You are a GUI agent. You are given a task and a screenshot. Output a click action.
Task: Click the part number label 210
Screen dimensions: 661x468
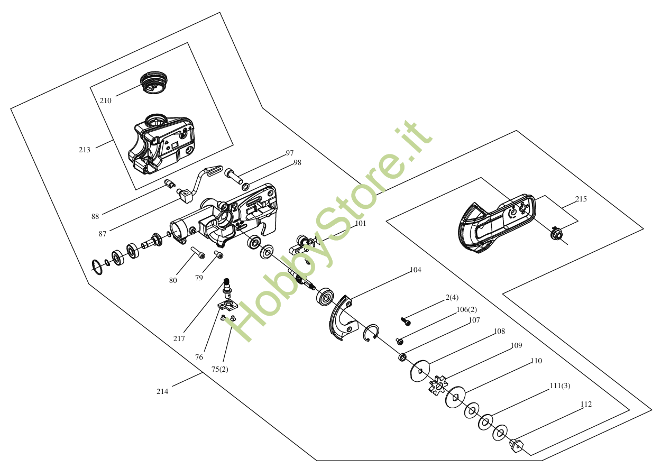click(x=105, y=100)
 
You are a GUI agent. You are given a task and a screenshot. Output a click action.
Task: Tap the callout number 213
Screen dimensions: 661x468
click(x=85, y=150)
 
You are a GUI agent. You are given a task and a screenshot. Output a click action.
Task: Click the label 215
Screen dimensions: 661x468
click(x=581, y=199)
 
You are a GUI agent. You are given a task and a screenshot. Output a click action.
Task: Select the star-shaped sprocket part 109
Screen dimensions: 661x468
click(x=438, y=385)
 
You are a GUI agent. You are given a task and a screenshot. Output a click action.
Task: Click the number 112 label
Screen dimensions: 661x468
click(x=586, y=405)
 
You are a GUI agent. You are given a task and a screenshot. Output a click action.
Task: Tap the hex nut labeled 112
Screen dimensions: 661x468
click(x=516, y=446)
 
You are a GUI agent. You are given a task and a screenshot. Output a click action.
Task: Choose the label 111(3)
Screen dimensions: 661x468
click(x=559, y=386)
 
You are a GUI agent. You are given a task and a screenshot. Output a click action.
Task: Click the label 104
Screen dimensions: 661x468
click(x=416, y=270)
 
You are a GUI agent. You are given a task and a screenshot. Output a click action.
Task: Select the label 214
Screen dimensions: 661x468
click(x=162, y=392)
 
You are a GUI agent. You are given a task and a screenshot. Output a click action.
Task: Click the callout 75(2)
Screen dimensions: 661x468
click(x=220, y=369)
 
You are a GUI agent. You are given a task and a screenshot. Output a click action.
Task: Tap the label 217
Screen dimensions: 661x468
click(x=179, y=338)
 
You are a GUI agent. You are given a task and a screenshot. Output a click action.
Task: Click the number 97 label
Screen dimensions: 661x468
click(x=290, y=153)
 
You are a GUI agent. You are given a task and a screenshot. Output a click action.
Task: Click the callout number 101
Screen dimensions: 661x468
click(x=360, y=224)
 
